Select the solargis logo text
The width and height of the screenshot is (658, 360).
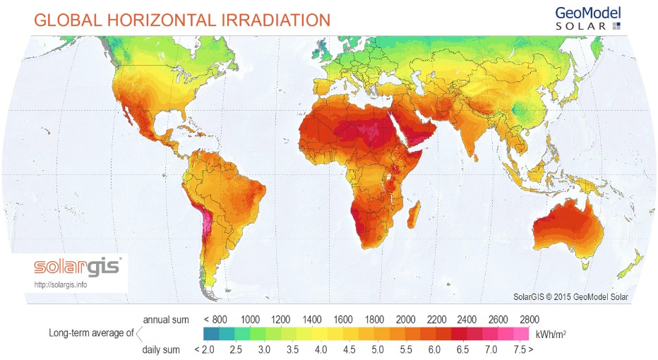(78, 268)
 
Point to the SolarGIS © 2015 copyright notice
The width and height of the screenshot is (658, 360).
(570, 297)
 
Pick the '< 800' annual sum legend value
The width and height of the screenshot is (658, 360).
(215, 318)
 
